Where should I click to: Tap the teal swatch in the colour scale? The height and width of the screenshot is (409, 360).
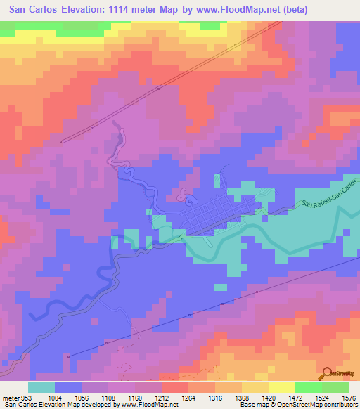[41, 387]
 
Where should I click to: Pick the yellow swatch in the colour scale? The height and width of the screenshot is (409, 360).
[281, 387]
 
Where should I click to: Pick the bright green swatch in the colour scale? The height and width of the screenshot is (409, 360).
[308, 387]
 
